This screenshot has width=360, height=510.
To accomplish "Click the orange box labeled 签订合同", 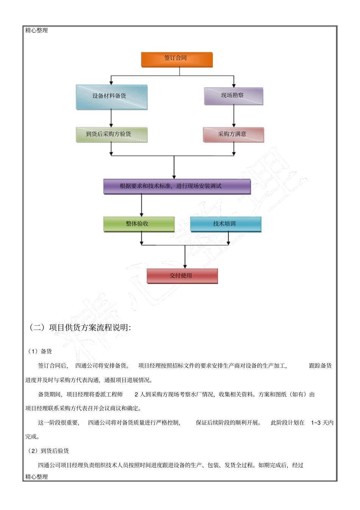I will (x=177, y=59).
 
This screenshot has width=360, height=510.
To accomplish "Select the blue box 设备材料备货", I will (x=111, y=97).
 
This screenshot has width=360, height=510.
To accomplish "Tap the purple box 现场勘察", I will (x=233, y=96).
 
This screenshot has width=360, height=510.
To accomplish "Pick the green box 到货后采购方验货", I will (x=111, y=135).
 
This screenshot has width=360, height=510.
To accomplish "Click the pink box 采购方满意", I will (x=233, y=135).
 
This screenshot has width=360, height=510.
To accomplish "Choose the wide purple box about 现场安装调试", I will (x=177, y=186).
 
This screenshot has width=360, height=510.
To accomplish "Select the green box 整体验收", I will (x=139, y=224).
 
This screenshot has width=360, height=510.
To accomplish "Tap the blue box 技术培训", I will (x=225, y=224).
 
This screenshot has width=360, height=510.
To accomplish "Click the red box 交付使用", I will (x=182, y=276).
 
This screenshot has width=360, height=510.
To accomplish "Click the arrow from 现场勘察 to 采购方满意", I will (x=234, y=116).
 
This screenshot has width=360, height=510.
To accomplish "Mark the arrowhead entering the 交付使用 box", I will (x=185, y=266).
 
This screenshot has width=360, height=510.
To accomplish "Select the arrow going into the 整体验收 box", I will (x=142, y=207).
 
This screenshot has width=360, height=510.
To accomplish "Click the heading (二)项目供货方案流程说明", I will (x=80, y=328).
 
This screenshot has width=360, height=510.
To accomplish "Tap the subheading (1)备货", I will (x=40, y=352).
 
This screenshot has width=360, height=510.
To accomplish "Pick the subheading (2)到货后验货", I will (x=48, y=451).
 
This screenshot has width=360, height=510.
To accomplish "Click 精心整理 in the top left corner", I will (x=37, y=30).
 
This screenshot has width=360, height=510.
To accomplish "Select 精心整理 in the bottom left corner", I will (x=37, y=477).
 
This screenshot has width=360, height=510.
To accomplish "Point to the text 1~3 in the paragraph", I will (x=316, y=423).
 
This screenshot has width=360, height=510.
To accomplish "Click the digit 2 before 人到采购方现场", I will (x=136, y=394).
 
